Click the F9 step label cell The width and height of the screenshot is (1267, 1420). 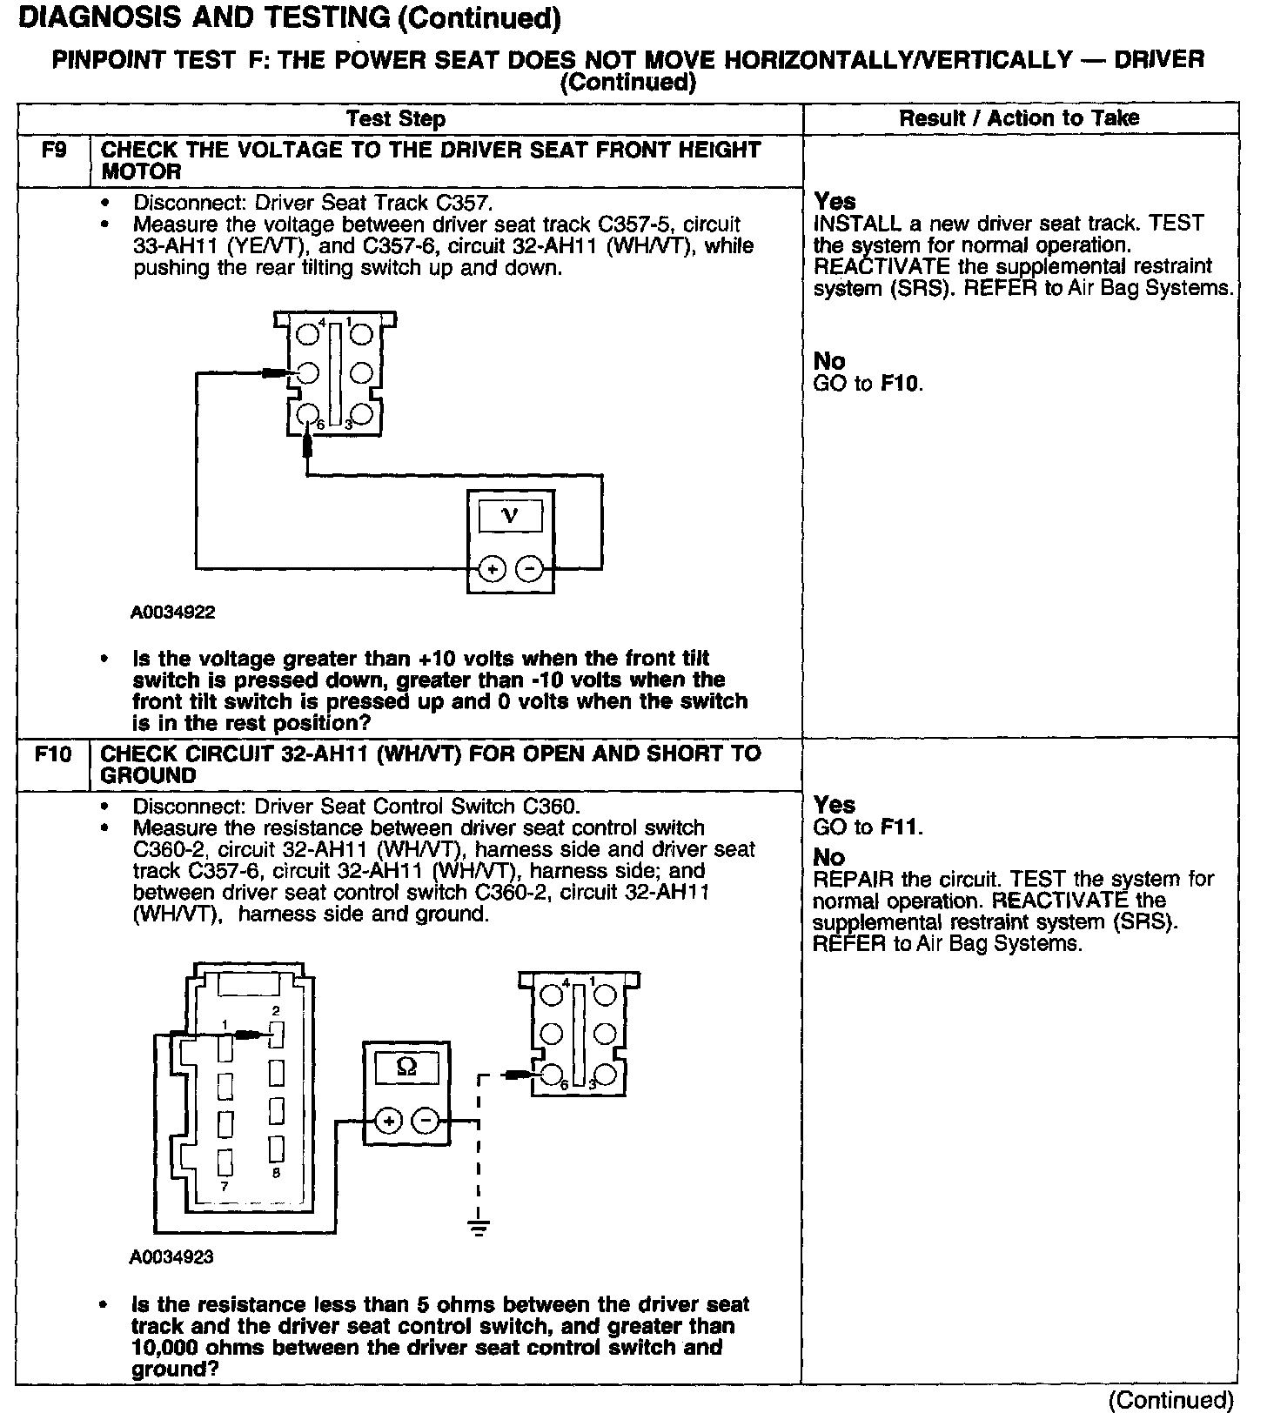click(x=53, y=151)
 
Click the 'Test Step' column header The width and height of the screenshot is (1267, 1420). click(x=396, y=119)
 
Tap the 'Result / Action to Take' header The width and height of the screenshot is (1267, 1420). click(x=1019, y=118)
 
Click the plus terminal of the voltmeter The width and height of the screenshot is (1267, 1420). click(x=492, y=570)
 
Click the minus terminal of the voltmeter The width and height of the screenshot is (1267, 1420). click(x=529, y=570)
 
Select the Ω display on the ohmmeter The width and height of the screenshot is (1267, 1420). click(x=406, y=1067)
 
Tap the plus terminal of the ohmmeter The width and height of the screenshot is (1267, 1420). click(x=388, y=1121)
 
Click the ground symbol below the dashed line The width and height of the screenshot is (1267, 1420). click(x=478, y=1227)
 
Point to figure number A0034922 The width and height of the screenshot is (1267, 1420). click(x=173, y=613)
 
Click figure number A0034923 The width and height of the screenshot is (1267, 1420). click(x=172, y=1257)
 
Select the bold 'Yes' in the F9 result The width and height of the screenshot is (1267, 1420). click(x=835, y=201)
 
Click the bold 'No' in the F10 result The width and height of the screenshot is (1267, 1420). click(x=829, y=857)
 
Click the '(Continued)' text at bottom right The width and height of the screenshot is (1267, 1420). click(x=1170, y=1400)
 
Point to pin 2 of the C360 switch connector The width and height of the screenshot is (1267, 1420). click(x=277, y=1035)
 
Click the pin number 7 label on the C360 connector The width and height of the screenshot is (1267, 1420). click(x=224, y=1187)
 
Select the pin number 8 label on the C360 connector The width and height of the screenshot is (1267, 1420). click(x=276, y=1173)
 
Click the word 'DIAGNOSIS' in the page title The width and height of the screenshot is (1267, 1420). click(x=103, y=17)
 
